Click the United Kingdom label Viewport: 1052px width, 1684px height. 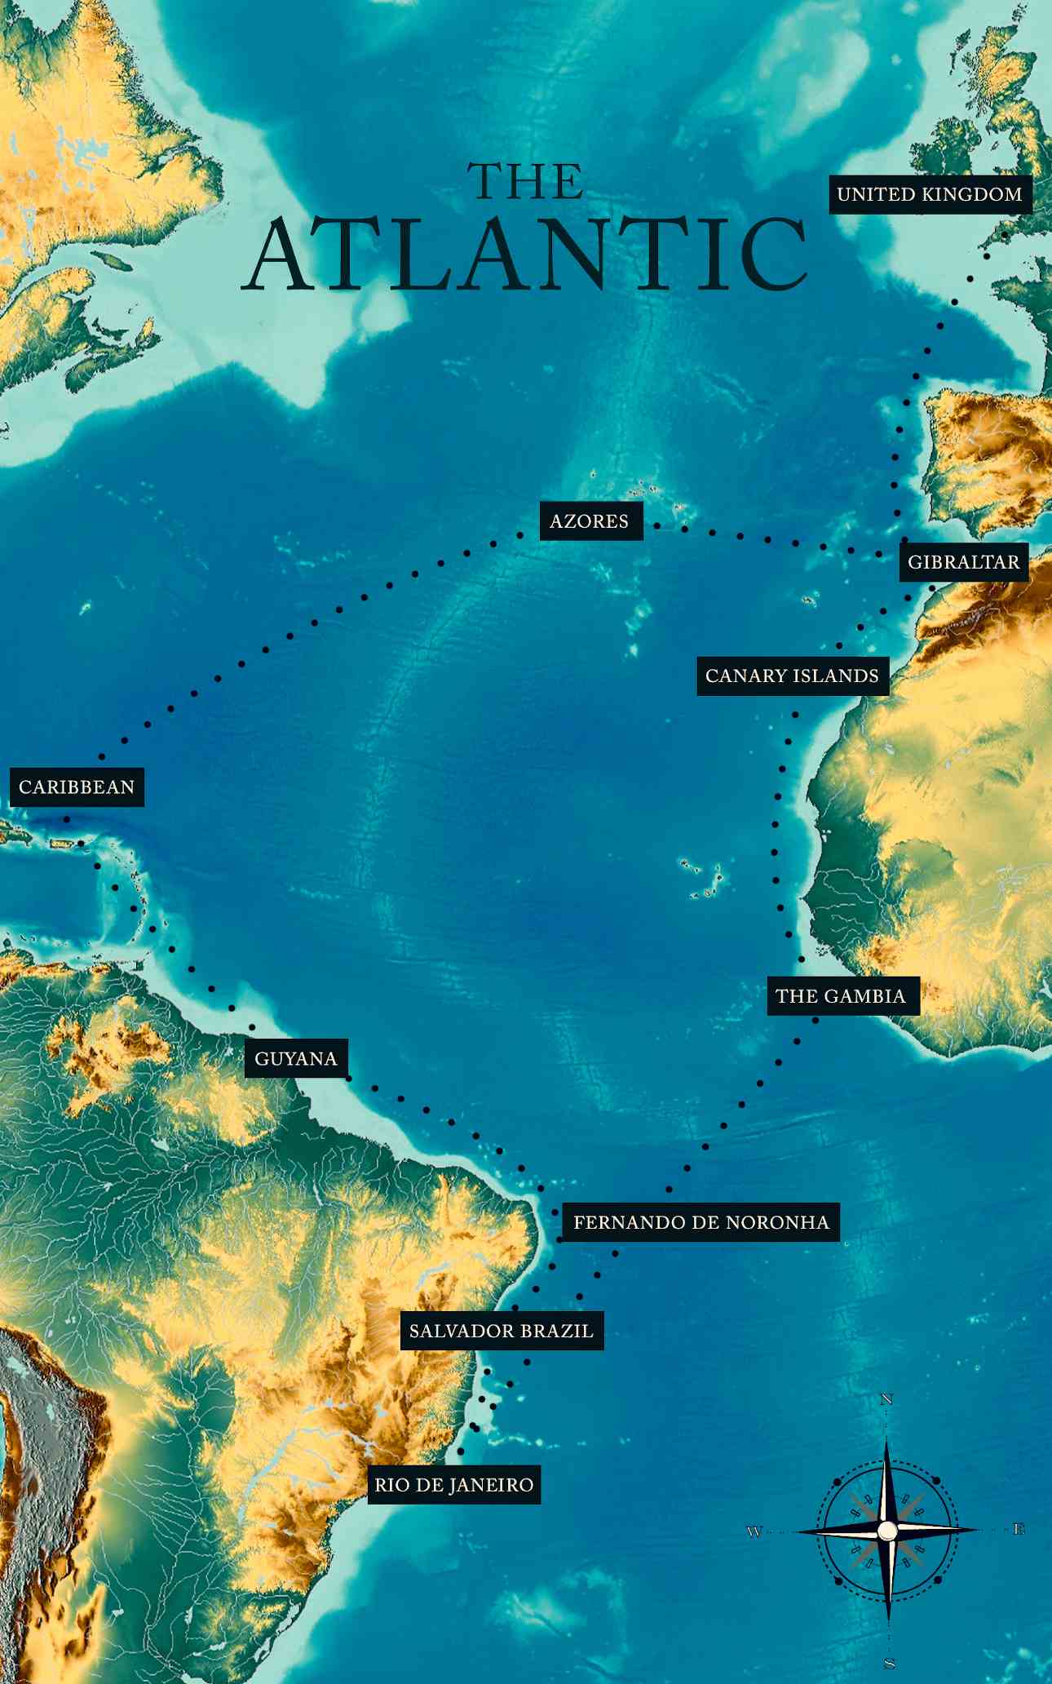(x=930, y=194)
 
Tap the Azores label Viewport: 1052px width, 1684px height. (x=590, y=521)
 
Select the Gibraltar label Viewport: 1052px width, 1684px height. (x=963, y=562)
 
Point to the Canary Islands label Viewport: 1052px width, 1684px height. (x=792, y=676)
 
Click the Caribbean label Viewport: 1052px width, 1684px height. (x=77, y=787)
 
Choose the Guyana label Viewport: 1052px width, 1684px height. (x=296, y=1059)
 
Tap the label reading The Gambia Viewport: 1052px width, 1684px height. (x=841, y=996)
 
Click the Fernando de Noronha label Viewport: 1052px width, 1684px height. (x=701, y=1222)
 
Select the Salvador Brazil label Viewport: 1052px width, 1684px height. (x=502, y=1331)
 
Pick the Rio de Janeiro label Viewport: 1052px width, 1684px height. (x=454, y=1484)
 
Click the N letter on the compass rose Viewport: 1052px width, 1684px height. (x=887, y=1399)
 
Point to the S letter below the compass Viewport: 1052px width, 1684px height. (x=889, y=1663)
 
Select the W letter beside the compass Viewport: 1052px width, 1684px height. (x=754, y=1531)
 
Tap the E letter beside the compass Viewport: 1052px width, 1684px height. (x=1019, y=1530)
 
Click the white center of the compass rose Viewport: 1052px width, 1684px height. (x=887, y=1531)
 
